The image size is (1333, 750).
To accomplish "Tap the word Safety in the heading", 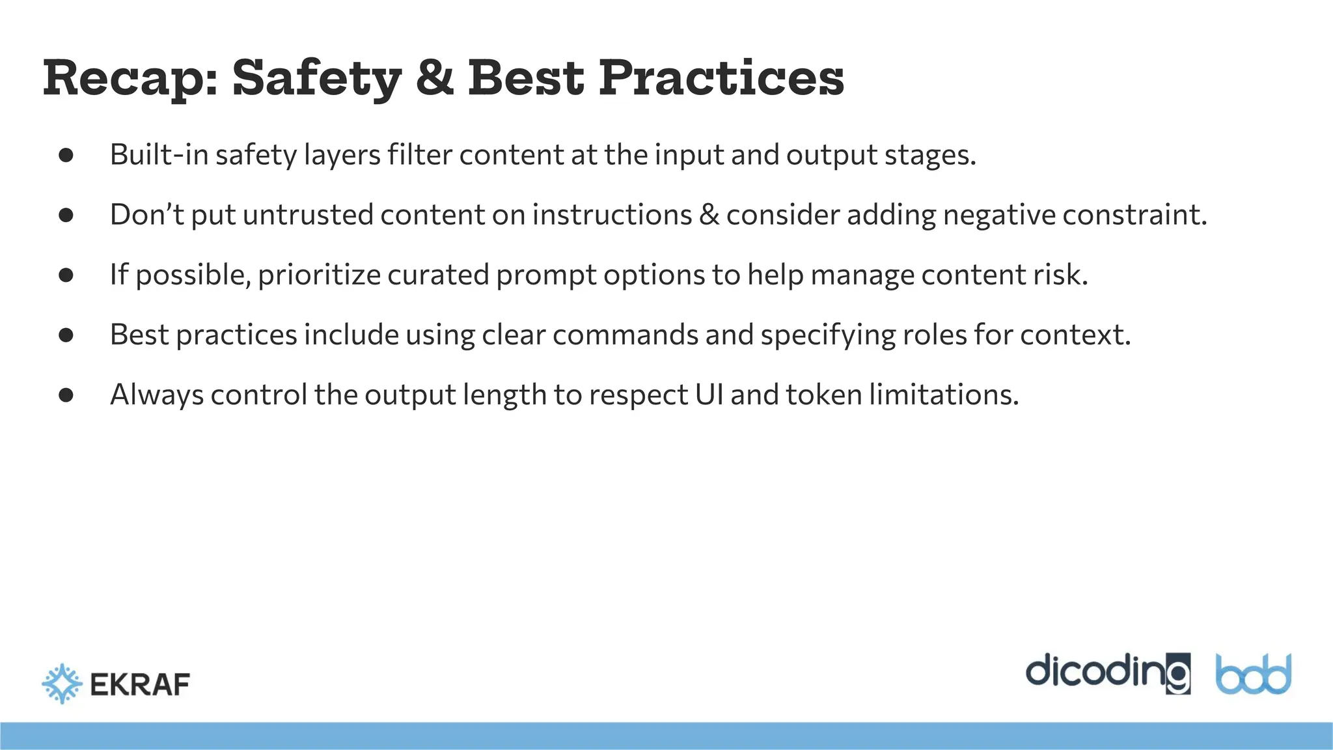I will point(316,79).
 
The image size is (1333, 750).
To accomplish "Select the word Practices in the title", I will point(721,79).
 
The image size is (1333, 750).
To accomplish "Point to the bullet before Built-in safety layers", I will point(66,155).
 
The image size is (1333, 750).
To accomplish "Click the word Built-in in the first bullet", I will point(159,155).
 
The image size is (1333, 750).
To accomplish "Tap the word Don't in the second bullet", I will point(147,215).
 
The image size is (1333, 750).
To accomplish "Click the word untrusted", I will point(308,215).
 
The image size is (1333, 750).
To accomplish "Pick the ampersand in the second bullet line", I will point(709,215).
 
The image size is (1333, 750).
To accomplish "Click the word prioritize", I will point(319,275).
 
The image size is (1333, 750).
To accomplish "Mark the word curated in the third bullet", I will point(438,275).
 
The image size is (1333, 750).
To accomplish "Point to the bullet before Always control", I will point(66,395).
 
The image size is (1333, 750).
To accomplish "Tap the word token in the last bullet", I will point(823,395).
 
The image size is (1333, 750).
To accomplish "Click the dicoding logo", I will point(1108,673).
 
